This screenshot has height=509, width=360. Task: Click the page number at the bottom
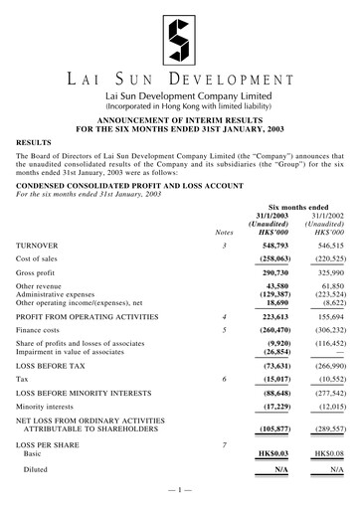point(179,492)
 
